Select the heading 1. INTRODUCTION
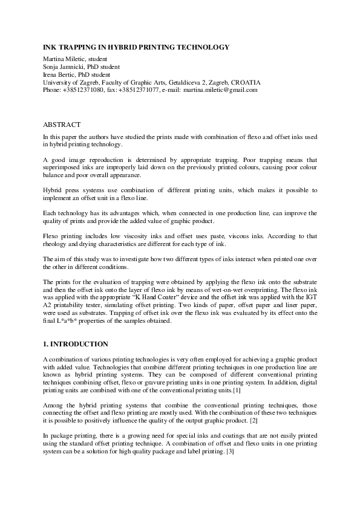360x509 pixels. [x=76, y=344]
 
